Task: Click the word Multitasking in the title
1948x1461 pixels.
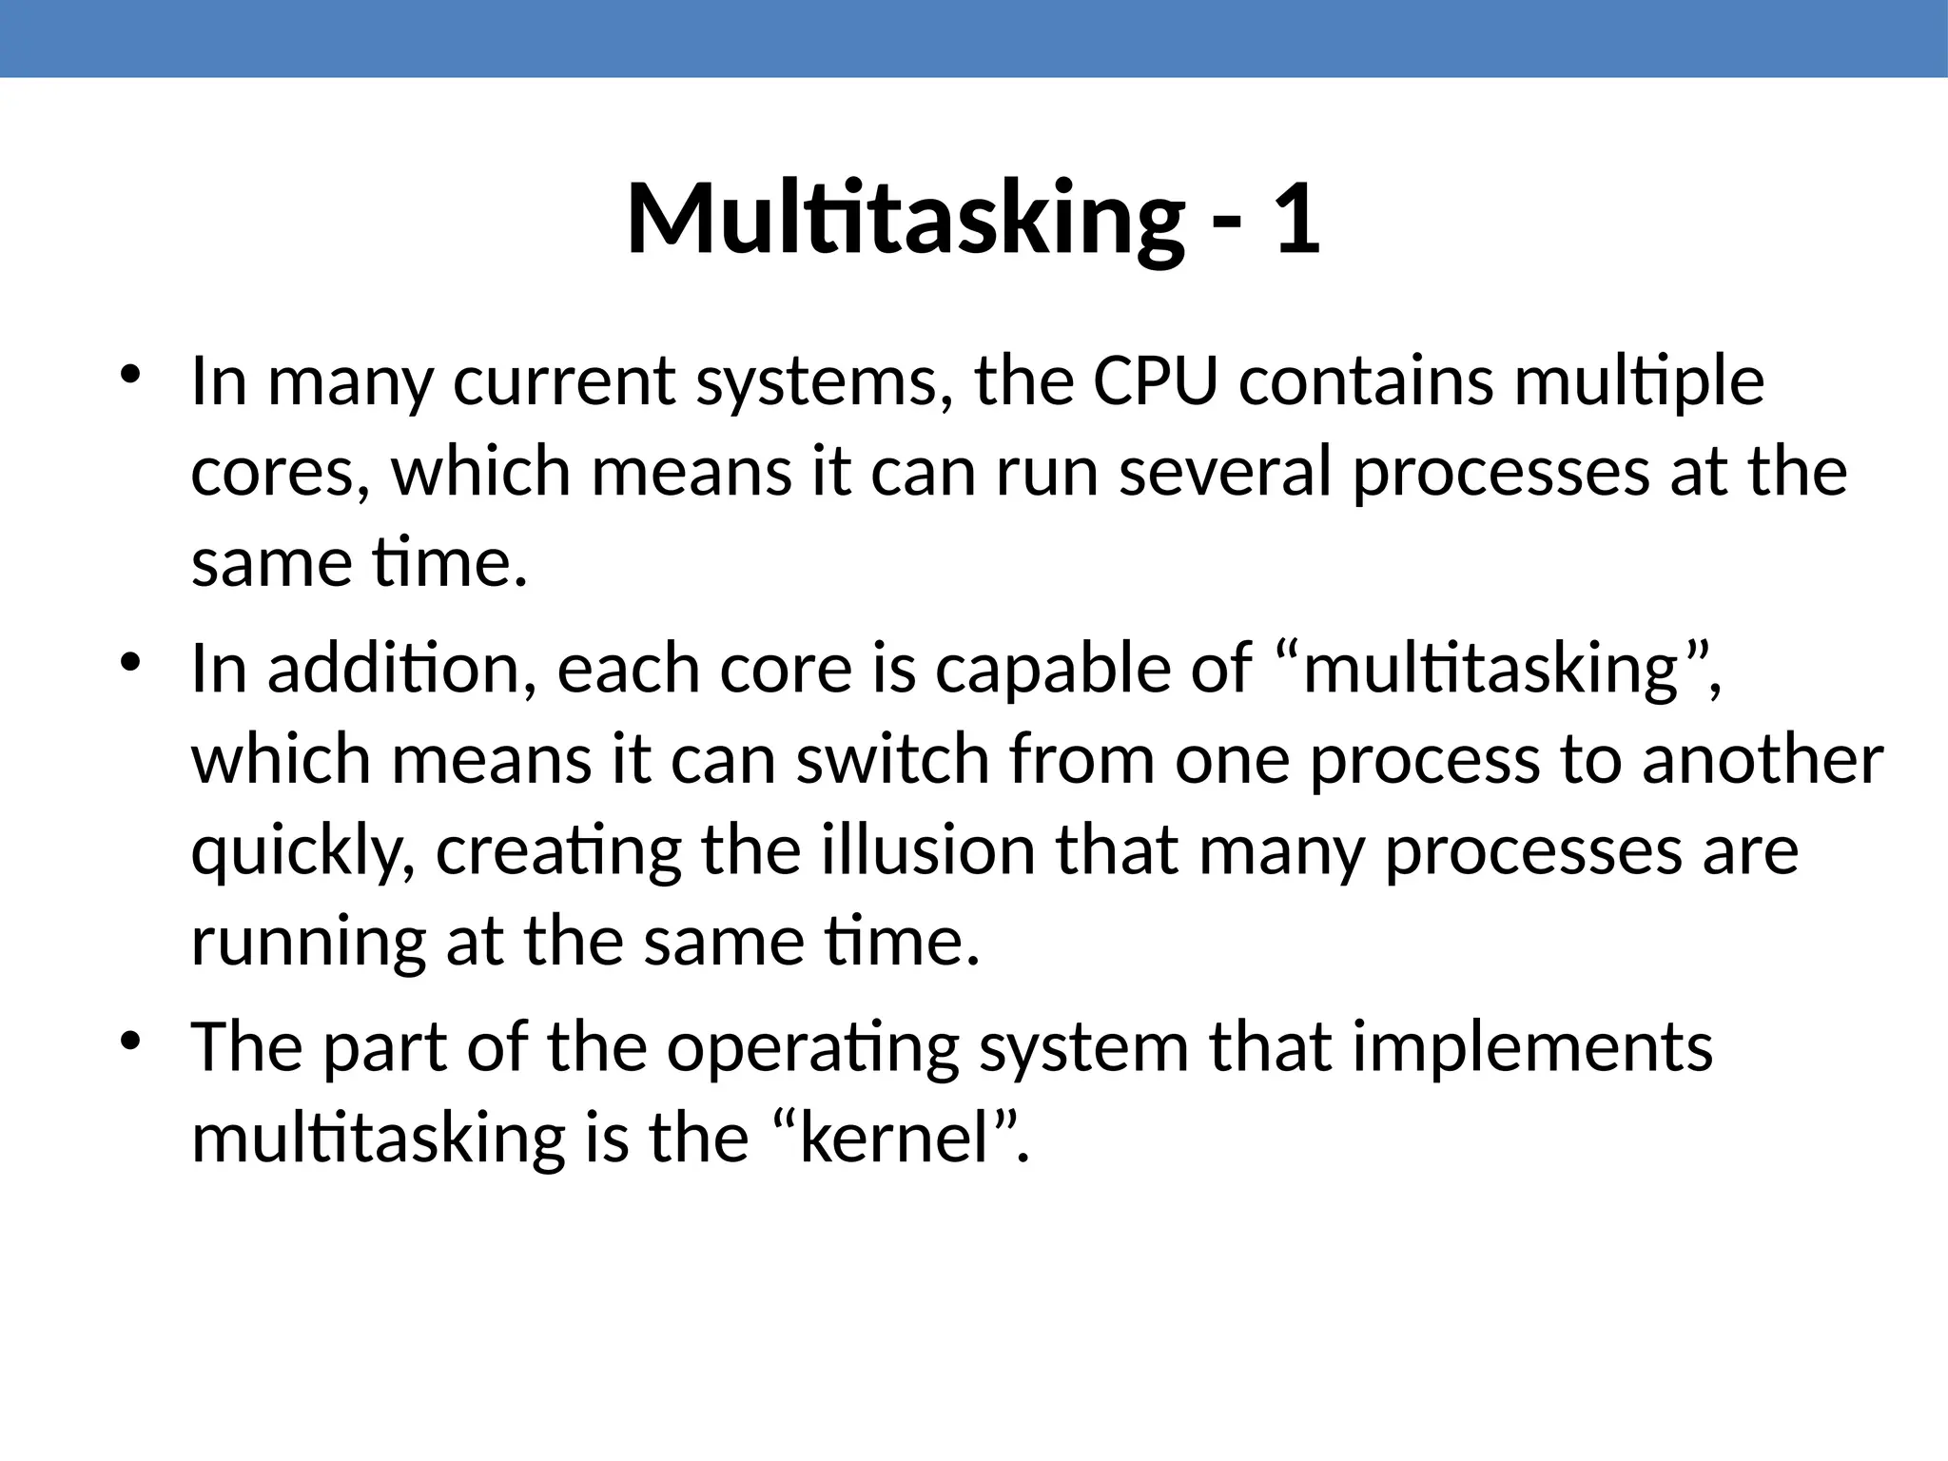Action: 905,220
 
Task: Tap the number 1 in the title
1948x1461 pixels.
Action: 1296,220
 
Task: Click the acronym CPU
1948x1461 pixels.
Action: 1155,380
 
